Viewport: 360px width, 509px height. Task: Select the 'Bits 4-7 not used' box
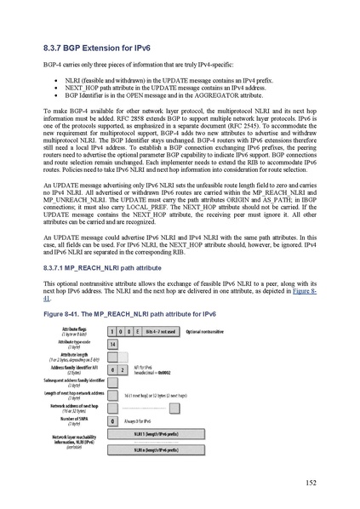click(158, 329)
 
